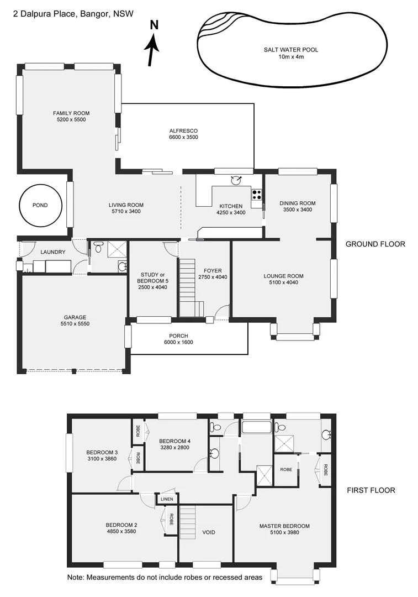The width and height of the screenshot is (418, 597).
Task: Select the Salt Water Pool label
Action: click(x=291, y=50)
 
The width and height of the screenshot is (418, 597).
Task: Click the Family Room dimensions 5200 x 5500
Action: click(x=71, y=120)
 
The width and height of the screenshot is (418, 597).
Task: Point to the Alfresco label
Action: click(x=183, y=130)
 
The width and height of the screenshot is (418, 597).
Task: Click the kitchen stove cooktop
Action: click(x=257, y=194)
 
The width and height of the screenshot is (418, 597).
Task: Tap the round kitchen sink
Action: click(x=237, y=179)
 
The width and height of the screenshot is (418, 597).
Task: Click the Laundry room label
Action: click(x=53, y=252)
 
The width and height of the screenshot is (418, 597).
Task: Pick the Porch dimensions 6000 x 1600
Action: click(x=178, y=342)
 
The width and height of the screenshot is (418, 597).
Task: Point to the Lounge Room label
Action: click(x=283, y=276)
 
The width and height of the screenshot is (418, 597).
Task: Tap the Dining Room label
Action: click(x=297, y=203)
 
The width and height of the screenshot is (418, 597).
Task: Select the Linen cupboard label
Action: click(x=167, y=499)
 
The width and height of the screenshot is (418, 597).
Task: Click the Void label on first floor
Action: click(x=209, y=532)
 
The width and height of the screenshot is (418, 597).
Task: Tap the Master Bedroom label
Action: click(x=284, y=526)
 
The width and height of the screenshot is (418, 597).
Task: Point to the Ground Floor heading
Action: click(x=375, y=244)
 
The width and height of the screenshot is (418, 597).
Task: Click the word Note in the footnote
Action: click(x=76, y=577)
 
